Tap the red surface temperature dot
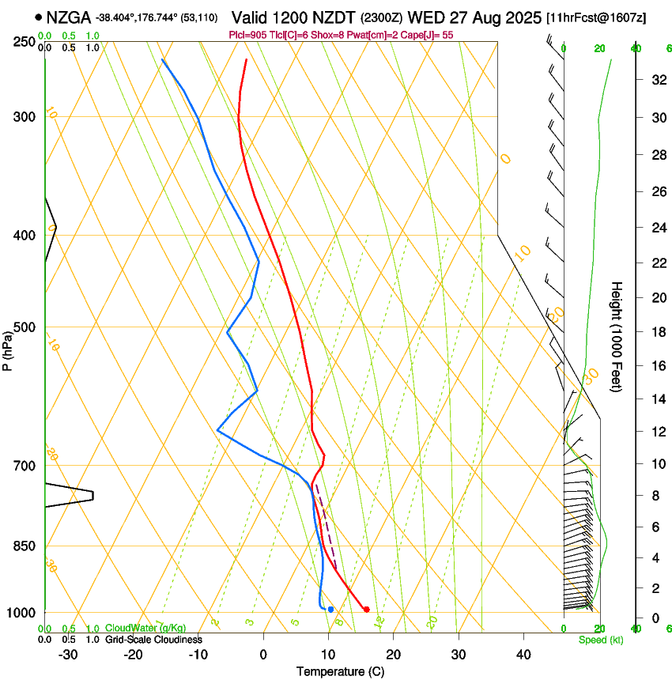[366, 609]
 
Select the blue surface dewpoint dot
[330, 609]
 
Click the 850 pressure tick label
[25, 546]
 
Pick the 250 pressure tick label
[25, 42]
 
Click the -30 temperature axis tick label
[68, 655]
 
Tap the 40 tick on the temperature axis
[523, 655]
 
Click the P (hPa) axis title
[8, 348]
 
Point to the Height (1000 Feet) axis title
[617, 336]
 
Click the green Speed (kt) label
[600, 640]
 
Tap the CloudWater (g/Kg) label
[145, 629]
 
